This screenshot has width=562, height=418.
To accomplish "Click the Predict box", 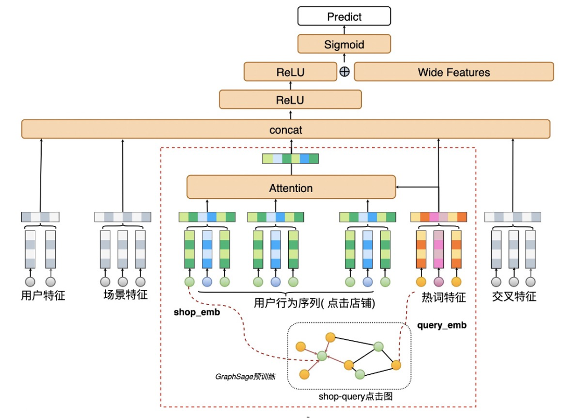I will coord(344,17).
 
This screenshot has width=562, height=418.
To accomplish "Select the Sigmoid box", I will coord(344,44).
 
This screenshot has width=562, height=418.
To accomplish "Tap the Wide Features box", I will coord(454,72).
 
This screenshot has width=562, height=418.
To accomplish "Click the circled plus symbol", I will coord(344,72).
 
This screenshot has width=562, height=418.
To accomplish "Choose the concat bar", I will coord(286,129).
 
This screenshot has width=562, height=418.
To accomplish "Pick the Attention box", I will coord(291,187).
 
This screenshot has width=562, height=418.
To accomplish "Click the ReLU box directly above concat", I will coord(290,99).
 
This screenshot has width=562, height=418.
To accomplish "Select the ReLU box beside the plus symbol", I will coord(290,72).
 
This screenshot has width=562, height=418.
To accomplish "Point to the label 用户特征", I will coord(43,296).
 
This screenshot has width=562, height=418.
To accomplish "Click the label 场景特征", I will coord(125,295).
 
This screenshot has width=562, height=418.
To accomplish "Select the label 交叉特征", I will coord(514,297).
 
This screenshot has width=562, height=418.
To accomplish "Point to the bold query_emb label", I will coord(442,325).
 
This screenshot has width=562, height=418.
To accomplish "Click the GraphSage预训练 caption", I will coord(245,376).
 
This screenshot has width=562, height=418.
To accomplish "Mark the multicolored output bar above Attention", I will coord(290,159).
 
